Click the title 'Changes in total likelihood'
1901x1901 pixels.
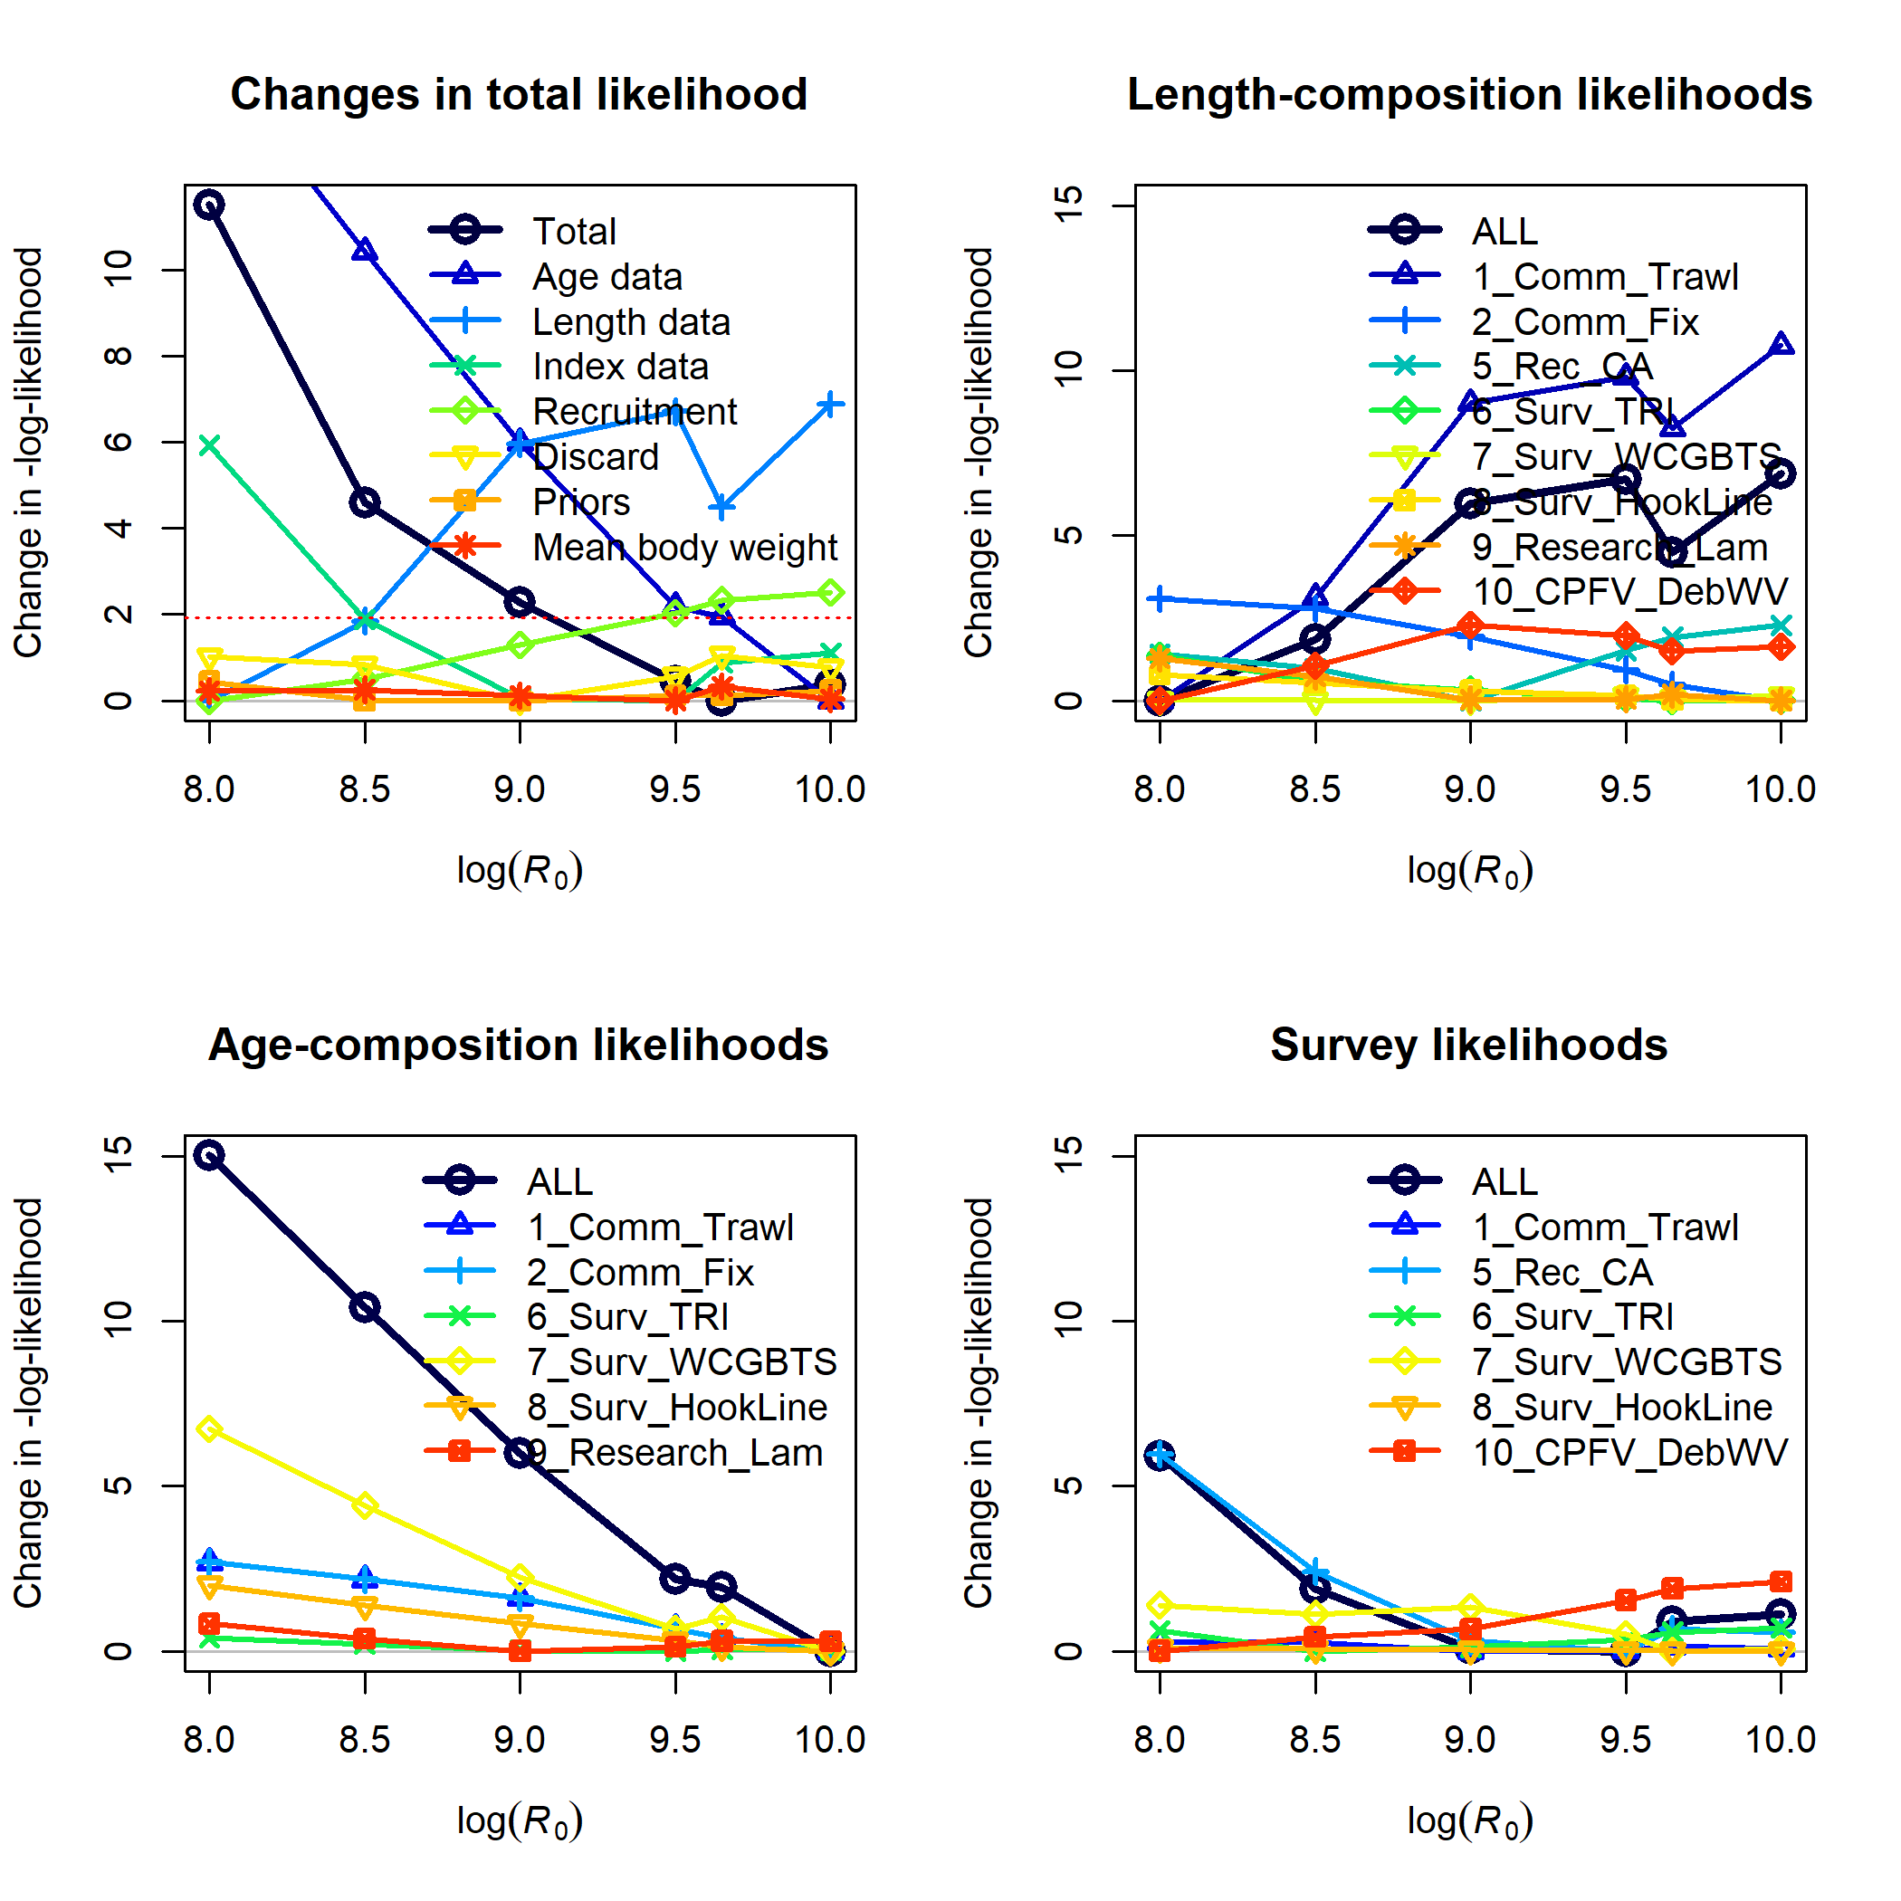[x=519, y=95]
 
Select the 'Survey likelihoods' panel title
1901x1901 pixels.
[x=1468, y=1045]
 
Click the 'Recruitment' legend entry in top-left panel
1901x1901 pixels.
[x=634, y=411]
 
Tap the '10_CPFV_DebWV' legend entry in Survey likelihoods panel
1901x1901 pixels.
[x=1629, y=1452]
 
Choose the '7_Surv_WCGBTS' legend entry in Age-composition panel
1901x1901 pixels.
[x=681, y=1361]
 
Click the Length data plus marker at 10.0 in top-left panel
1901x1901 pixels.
[x=830, y=405]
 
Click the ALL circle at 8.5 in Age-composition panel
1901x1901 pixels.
[x=365, y=1308]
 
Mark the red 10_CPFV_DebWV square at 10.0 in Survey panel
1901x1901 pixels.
[x=1781, y=1582]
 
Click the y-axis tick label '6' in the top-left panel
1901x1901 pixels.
[x=118, y=442]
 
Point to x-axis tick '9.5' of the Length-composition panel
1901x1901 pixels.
[x=1625, y=789]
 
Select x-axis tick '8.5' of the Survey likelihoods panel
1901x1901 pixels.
[x=1314, y=1740]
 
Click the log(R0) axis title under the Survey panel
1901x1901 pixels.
[x=1470, y=1820]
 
